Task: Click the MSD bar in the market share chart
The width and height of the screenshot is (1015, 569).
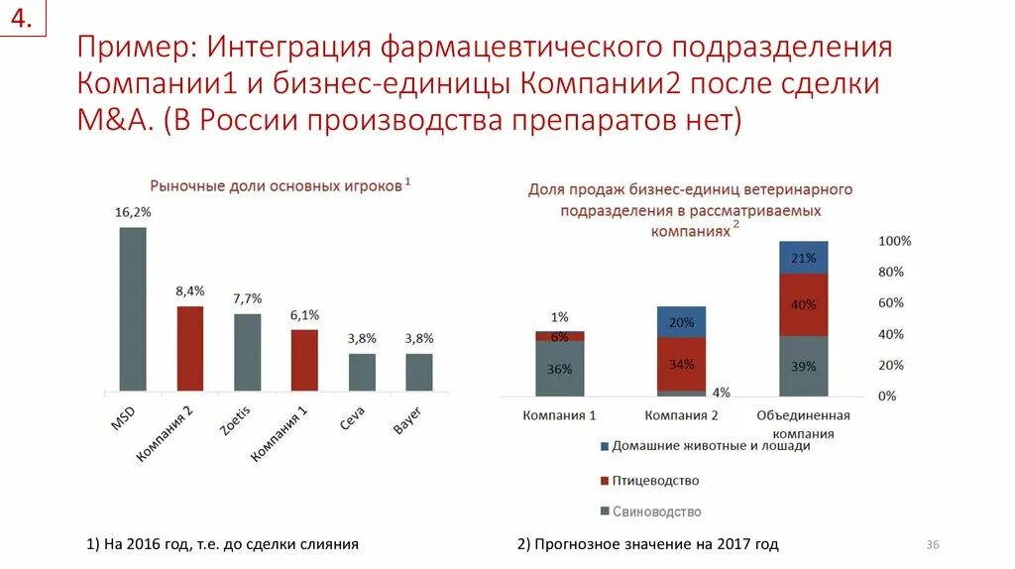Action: (133, 309)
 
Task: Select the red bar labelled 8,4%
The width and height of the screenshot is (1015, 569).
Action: (190, 348)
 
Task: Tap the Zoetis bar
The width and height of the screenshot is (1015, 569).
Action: (248, 352)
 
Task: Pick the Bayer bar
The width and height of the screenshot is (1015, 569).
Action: (419, 372)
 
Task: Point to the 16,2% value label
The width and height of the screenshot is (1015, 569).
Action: (133, 212)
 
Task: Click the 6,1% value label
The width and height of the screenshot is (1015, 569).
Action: (305, 315)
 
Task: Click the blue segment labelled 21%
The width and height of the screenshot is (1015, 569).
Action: (803, 258)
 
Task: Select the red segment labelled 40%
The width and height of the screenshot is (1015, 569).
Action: (803, 305)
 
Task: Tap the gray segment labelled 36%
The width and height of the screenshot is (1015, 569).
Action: (560, 369)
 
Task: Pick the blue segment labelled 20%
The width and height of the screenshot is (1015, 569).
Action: (681, 322)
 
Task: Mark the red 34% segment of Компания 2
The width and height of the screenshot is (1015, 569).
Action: (681, 364)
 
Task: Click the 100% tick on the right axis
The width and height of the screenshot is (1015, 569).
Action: (894, 241)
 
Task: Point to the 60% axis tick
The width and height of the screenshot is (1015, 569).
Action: (890, 303)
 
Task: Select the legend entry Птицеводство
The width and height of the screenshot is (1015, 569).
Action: (655, 481)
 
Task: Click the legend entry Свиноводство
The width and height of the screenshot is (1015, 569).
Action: (656, 512)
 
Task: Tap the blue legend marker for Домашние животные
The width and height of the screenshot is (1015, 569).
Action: (605, 447)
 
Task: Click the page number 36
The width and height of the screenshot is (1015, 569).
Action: (932, 544)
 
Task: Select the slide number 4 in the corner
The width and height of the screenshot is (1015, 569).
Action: (22, 19)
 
